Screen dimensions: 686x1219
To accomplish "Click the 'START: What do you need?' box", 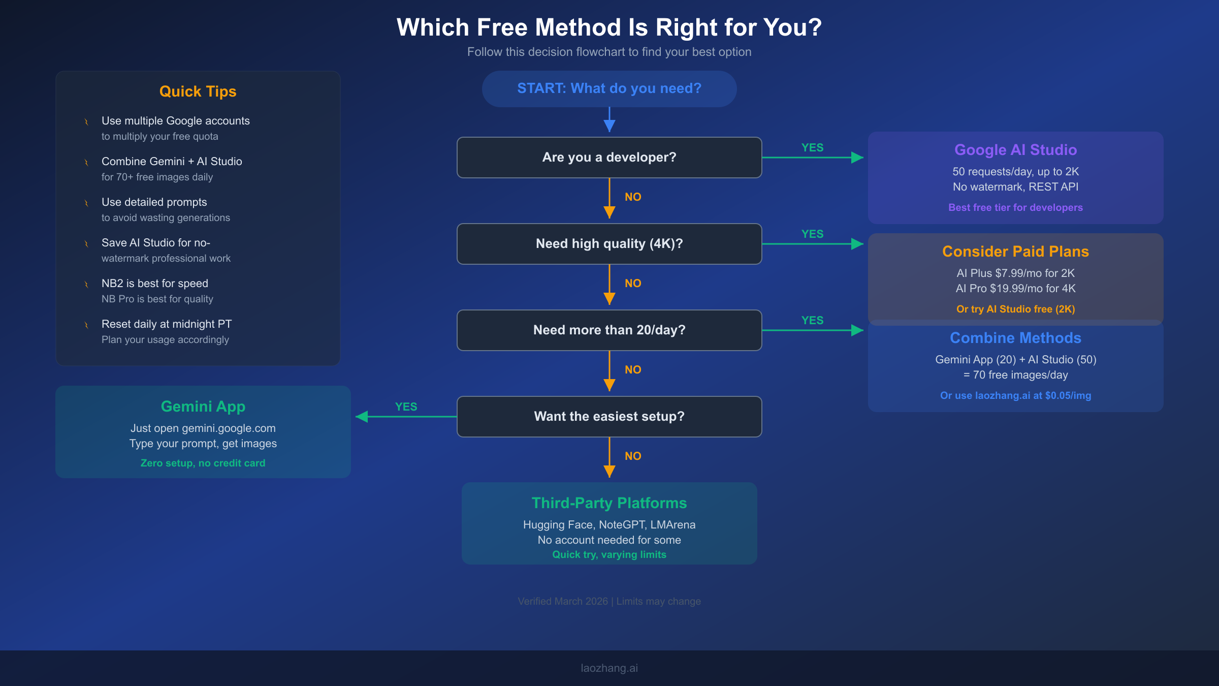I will [x=609, y=88].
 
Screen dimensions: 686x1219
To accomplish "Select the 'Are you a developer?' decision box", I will [x=609, y=158].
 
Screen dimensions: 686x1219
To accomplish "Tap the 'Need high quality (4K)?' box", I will [x=609, y=244].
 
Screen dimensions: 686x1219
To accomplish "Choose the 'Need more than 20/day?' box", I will [x=609, y=330].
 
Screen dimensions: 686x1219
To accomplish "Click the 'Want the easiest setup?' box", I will [x=609, y=417].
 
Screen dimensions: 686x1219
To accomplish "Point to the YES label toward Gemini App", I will [x=406, y=407].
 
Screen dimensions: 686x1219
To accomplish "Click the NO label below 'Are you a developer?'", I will [x=633, y=197].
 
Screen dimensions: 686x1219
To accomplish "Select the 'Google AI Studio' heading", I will [x=1015, y=150].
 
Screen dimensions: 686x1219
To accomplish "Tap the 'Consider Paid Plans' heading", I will [x=1015, y=252].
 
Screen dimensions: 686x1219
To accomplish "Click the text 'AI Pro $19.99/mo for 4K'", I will [x=1015, y=289].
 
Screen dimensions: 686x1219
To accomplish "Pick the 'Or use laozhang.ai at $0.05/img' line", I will [x=1015, y=395].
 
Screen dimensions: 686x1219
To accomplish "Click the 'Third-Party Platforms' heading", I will [x=609, y=503].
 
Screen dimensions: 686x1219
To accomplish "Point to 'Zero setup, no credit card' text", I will [x=203, y=463].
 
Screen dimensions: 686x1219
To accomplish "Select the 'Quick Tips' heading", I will [x=198, y=91].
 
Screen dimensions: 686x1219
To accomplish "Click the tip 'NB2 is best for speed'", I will [x=155, y=284].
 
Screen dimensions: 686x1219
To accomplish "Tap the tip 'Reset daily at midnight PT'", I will [x=167, y=324].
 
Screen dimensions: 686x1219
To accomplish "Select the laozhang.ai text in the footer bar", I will [x=609, y=668].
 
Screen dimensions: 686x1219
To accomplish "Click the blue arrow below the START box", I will [x=609, y=121].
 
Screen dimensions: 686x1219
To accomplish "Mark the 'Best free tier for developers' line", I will [x=1015, y=207].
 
